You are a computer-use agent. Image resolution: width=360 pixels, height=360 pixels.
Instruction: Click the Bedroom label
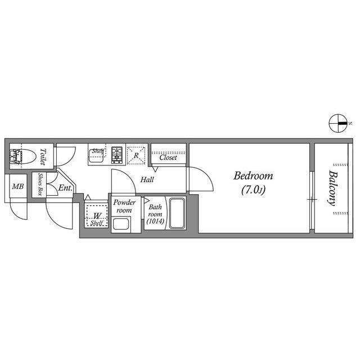pos(253,175)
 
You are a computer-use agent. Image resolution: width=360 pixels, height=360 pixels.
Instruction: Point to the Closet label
pos(168,158)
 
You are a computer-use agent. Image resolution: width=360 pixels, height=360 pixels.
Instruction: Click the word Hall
pos(147,180)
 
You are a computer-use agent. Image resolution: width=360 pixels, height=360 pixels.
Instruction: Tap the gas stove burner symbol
pos(118,153)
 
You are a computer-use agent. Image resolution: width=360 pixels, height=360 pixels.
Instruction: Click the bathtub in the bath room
pos(177,213)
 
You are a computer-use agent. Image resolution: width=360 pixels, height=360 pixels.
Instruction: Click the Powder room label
pos(123,206)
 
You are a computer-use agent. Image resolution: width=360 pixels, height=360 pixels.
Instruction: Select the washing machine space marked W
pos(97,216)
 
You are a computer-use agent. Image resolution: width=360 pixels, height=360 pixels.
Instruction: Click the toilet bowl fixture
pos(28,155)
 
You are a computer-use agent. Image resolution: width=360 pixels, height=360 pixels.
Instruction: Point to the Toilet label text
pos(46,156)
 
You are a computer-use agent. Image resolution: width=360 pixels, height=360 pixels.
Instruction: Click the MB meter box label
pos(18,186)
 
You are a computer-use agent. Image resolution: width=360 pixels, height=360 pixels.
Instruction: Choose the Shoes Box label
pos(41,183)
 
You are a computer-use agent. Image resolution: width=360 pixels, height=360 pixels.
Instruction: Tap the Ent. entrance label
pos(65,188)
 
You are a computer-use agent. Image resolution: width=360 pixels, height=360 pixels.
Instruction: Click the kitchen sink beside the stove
pos(98,154)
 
